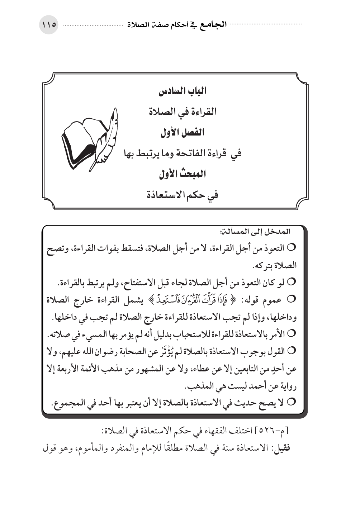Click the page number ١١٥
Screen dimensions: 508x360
48,25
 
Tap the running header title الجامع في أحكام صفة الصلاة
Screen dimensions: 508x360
176,25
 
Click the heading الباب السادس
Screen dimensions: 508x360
183,91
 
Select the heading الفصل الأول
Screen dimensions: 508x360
183,133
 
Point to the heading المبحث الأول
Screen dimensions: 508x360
183,175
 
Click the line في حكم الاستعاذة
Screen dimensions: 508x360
183,195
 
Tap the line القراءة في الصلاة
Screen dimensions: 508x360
183,112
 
